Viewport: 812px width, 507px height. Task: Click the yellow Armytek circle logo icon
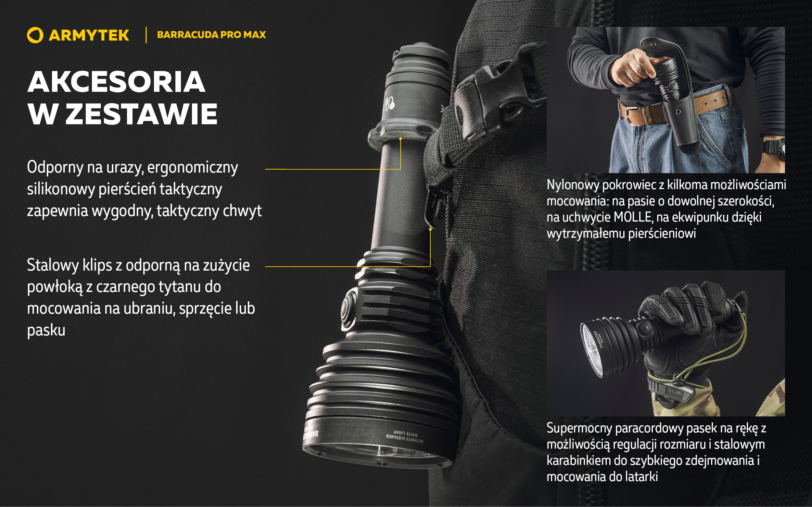(35, 35)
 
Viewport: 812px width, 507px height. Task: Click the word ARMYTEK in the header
(89, 35)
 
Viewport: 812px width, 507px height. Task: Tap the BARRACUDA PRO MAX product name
(211, 34)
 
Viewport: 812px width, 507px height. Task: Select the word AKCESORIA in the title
(116, 82)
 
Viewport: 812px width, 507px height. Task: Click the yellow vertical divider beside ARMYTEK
(146, 35)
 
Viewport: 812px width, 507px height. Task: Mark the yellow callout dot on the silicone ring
(400, 139)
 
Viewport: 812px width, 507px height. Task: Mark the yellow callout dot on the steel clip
(430, 229)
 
